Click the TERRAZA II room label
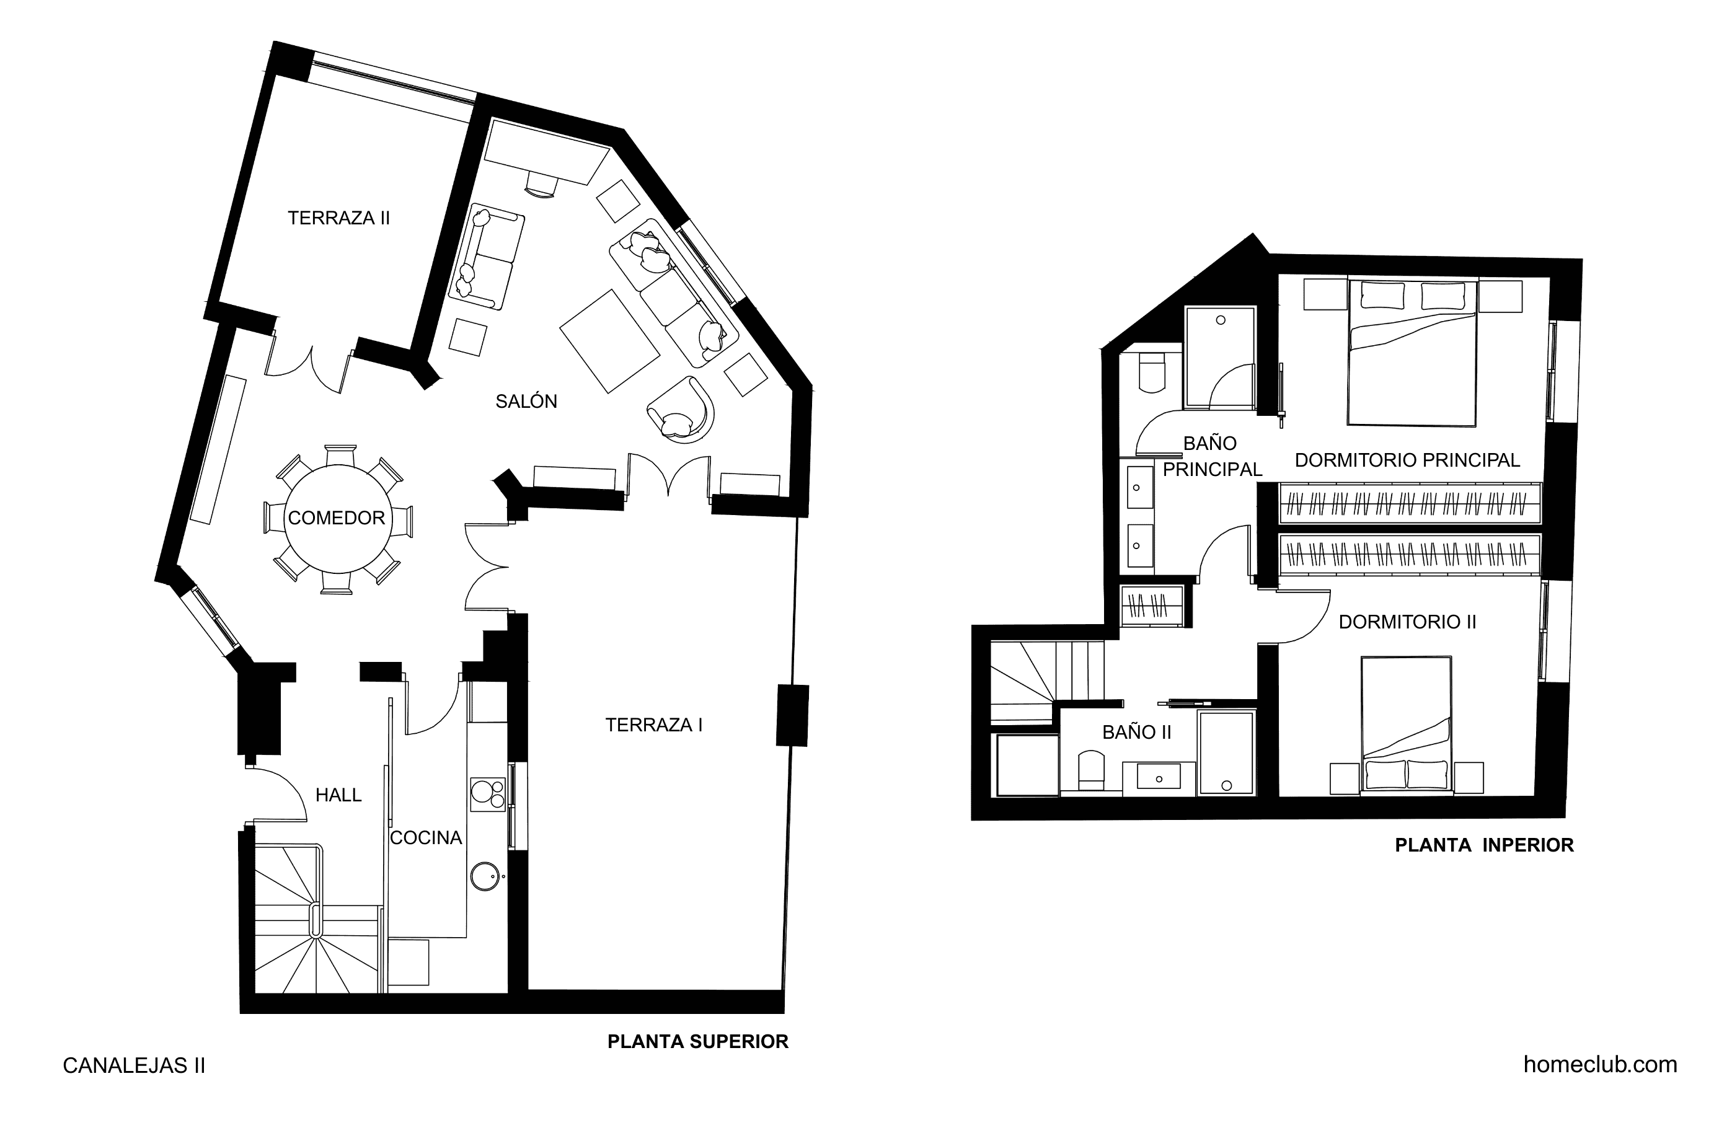click(x=339, y=218)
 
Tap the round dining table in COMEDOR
click(x=337, y=518)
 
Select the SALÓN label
click(x=526, y=401)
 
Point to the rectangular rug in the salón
click(x=610, y=341)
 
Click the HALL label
click(x=338, y=795)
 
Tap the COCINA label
click(x=426, y=837)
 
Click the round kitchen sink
click(x=485, y=876)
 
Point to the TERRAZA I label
click(x=653, y=725)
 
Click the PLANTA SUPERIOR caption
click(x=698, y=1041)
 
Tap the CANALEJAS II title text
click(x=134, y=1065)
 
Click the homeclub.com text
click(x=1601, y=1065)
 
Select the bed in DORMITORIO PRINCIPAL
click(x=1412, y=353)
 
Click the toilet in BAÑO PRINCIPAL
click(x=1152, y=372)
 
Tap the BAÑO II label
click(x=1137, y=732)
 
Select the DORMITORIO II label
click(x=1407, y=622)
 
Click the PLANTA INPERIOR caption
click(x=1485, y=845)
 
